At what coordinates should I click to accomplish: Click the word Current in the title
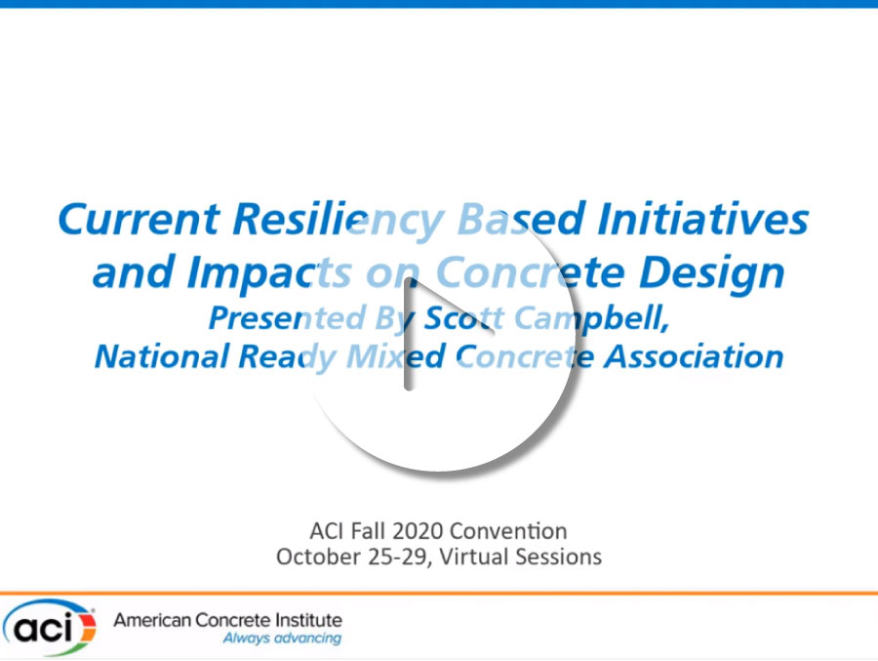pos(139,219)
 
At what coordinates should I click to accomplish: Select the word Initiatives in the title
pos(702,219)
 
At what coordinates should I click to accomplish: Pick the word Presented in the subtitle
pos(287,318)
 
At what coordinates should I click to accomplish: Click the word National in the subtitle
pos(162,356)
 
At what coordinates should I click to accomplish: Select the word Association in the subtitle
pos(694,356)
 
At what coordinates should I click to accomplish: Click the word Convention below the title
pos(508,530)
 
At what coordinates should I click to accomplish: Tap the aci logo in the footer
pos(50,627)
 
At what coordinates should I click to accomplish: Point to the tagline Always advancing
pos(282,638)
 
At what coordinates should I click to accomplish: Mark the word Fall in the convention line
pos(368,530)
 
